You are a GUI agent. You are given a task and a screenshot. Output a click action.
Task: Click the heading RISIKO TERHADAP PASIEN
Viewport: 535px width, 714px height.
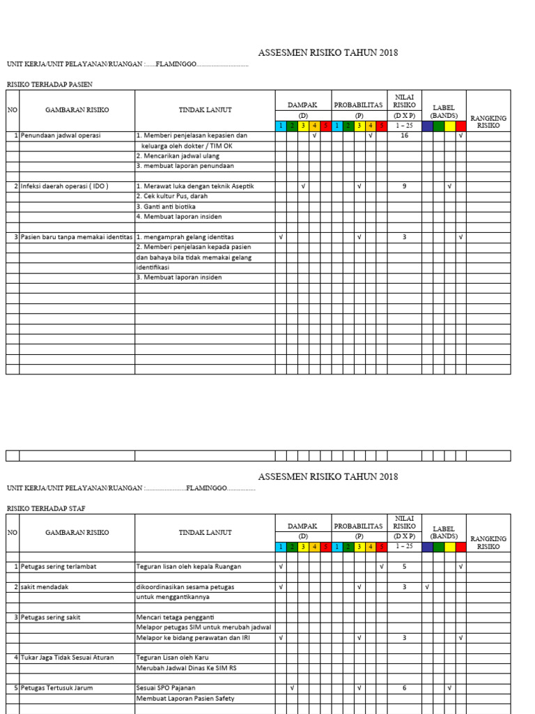(49, 84)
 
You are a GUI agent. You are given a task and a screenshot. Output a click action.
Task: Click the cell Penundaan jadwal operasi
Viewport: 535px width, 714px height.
(61, 135)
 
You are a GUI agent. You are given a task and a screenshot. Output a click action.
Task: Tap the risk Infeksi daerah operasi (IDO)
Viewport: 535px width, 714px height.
(64, 186)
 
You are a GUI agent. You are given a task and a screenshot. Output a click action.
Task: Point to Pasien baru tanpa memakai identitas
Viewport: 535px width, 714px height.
(76, 237)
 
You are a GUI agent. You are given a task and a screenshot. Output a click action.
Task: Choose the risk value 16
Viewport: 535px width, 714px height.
(404, 135)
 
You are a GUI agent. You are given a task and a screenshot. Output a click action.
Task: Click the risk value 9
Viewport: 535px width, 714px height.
(404, 186)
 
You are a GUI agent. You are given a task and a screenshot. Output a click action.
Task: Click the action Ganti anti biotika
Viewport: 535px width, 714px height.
(166, 207)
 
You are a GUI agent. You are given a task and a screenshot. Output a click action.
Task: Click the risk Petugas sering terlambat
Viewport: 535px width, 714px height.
(59, 567)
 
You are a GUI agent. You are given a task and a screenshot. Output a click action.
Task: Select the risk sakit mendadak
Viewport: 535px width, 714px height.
(45, 587)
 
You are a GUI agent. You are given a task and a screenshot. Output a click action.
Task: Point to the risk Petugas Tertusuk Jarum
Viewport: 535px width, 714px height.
(56, 688)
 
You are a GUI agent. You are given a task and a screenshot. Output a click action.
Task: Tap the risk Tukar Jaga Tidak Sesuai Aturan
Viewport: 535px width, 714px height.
(67, 658)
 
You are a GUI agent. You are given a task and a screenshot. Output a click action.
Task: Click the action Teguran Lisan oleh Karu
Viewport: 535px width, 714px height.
(172, 658)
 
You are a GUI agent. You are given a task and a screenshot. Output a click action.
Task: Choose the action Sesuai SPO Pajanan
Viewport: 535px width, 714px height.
(166, 688)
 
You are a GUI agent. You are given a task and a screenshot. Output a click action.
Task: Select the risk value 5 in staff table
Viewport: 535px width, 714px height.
(404, 567)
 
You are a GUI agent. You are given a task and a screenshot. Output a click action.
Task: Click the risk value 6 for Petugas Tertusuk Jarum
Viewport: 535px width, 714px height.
(404, 688)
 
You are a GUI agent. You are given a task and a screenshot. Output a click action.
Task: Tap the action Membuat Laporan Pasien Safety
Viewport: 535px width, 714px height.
(185, 698)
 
